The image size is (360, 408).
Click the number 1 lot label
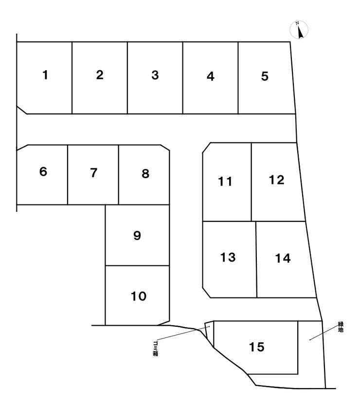click(x=45, y=75)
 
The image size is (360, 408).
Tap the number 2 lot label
click(x=100, y=75)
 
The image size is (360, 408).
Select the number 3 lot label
click(x=155, y=75)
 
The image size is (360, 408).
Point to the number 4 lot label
click(x=210, y=76)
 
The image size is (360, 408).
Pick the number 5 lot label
click(x=265, y=76)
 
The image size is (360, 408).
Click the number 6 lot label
click(x=43, y=172)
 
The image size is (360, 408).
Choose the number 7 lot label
click(x=94, y=173)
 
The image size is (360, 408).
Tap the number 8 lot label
click(x=145, y=173)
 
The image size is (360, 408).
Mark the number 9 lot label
click(x=137, y=236)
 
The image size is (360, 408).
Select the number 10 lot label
click(x=139, y=296)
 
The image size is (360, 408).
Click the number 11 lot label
click(x=225, y=182)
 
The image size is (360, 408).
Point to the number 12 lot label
click(x=276, y=180)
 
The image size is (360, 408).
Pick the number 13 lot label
click(x=228, y=257)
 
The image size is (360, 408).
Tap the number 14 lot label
click(x=283, y=259)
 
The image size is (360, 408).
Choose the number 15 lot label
click(x=256, y=347)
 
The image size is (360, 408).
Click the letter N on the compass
click(x=296, y=24)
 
